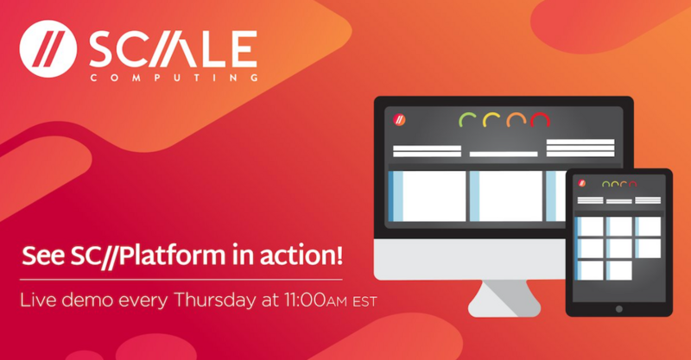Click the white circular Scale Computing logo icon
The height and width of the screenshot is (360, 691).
48,48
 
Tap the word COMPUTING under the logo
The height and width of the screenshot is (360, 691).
174,78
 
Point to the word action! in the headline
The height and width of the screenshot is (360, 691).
301,256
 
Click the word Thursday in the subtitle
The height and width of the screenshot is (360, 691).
214,300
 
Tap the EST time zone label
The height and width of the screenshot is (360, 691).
365,302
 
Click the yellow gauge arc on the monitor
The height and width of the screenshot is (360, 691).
491,117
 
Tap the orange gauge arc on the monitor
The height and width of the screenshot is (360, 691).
516,117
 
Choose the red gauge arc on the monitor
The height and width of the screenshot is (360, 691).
541,117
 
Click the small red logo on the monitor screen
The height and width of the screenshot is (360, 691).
399,119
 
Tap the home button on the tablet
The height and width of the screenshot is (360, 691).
619,309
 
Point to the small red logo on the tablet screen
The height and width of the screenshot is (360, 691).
582,183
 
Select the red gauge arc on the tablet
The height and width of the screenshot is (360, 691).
633,183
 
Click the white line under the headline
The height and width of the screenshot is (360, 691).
181,280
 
